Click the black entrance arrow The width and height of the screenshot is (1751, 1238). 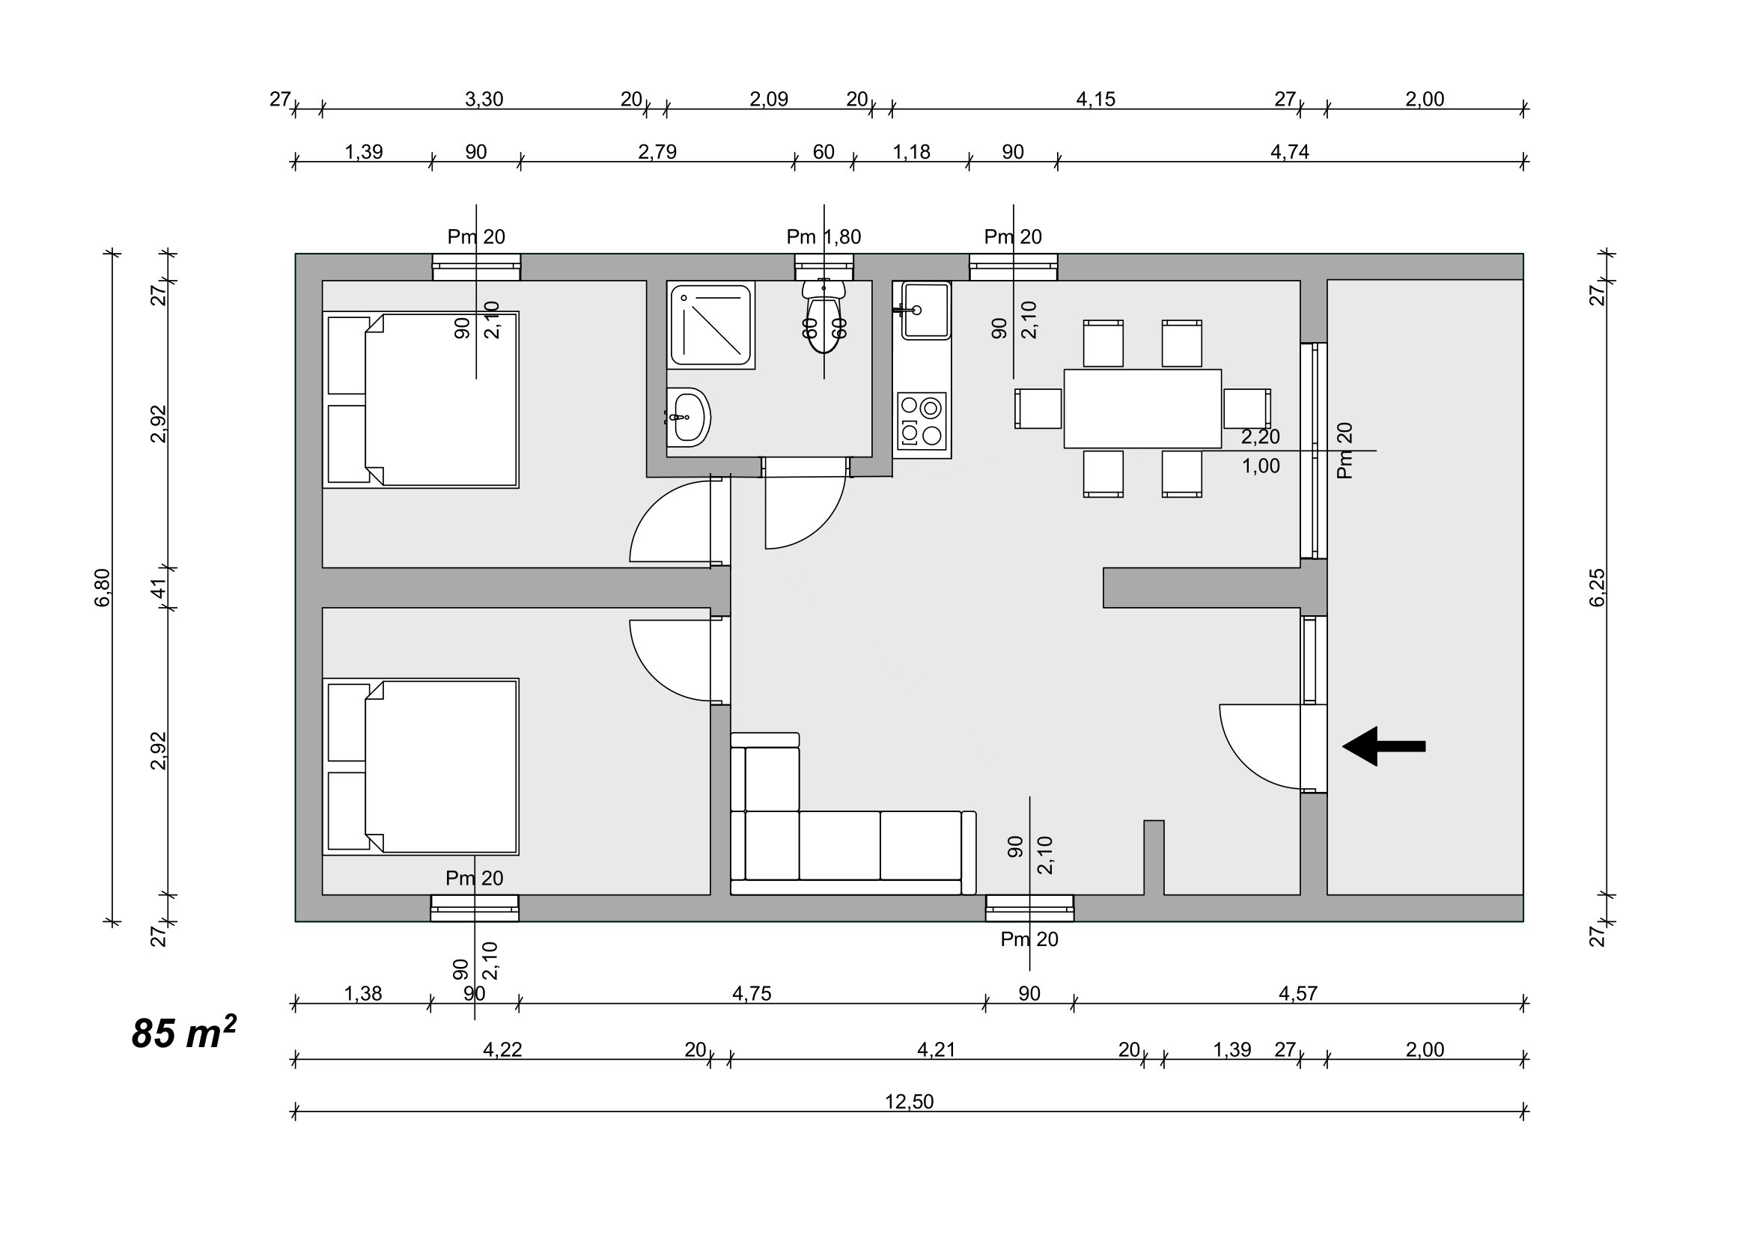(1383, 746)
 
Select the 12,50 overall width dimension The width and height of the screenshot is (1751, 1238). (909, 1102)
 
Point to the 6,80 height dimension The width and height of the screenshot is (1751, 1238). (103, 587)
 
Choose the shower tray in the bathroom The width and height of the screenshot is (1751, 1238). (710, 326)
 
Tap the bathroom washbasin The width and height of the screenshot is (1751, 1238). (689, 417)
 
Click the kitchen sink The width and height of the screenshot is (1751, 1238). (925, 310)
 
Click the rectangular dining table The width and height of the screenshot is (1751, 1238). (1142, 409)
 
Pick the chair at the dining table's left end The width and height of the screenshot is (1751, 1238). (1038, 409)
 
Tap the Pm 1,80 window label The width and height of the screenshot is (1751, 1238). (823, 237)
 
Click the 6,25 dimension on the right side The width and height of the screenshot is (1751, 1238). (1597, 587)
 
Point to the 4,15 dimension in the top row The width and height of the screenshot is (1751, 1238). (1095, 99)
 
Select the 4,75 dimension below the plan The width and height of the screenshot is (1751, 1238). (752, 993)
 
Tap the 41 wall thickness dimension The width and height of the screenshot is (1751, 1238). (159, 588)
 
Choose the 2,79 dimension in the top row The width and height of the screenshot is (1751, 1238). (657, 152)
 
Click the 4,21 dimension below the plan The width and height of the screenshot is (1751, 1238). (936, 1049)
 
